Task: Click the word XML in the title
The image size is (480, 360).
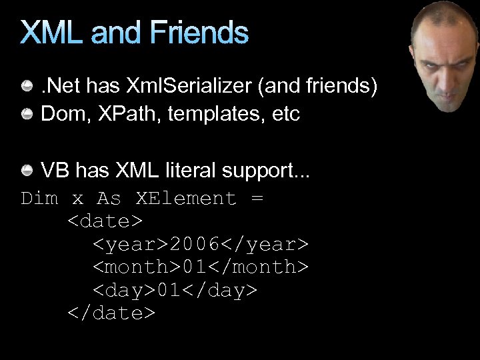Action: tap(53, 33)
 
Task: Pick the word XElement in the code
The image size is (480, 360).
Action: tap(187, 199)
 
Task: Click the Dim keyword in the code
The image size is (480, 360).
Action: tap(40, 199)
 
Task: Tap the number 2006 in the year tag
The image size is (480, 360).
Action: tap(195, 245)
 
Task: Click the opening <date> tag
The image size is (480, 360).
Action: tap(105, 221)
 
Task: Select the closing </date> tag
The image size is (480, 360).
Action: tap(111, 313)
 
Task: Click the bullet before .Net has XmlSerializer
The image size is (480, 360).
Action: tap(28, 86)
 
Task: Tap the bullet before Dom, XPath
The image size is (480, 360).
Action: tap(28, 114)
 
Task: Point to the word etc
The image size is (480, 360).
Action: tap(286, 115)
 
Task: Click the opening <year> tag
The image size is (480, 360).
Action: tap(130, 245)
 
